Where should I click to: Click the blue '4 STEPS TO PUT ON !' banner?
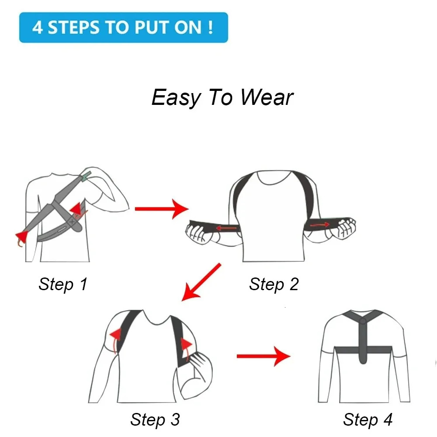123,28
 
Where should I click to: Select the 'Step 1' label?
63,284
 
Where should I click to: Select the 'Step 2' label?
274,284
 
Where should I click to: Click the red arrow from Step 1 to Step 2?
161,209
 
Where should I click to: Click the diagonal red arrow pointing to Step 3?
201,282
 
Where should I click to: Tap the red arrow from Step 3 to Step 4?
263,356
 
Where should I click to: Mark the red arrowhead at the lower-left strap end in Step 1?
21,236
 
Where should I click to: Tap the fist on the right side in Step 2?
344,227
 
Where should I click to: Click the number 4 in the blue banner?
38,28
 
